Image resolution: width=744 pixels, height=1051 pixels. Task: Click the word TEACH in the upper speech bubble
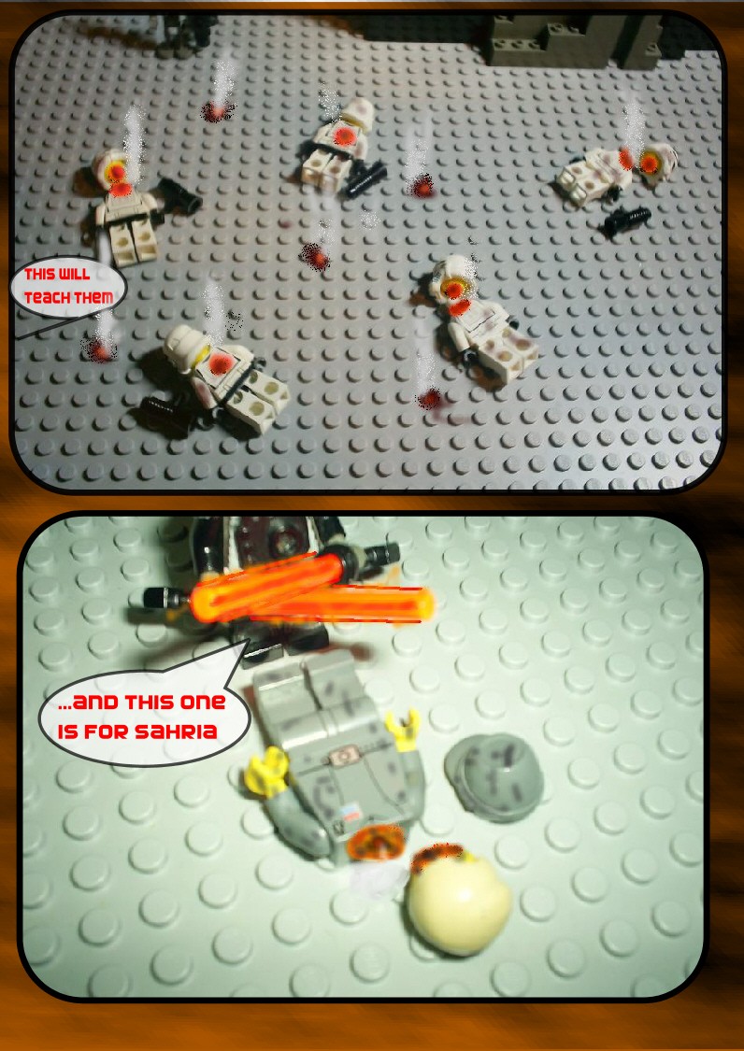point(48,296)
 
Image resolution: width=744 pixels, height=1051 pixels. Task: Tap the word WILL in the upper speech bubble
point(75,274)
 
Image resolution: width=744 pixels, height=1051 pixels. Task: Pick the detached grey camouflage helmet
point(494,777)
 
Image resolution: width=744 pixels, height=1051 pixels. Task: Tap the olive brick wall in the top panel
point(576,40)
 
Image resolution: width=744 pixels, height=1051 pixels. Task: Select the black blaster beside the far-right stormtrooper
point(627,220)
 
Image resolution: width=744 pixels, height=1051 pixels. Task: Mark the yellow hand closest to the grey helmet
point(406,729)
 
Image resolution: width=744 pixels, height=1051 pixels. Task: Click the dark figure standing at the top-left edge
point(187,34)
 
